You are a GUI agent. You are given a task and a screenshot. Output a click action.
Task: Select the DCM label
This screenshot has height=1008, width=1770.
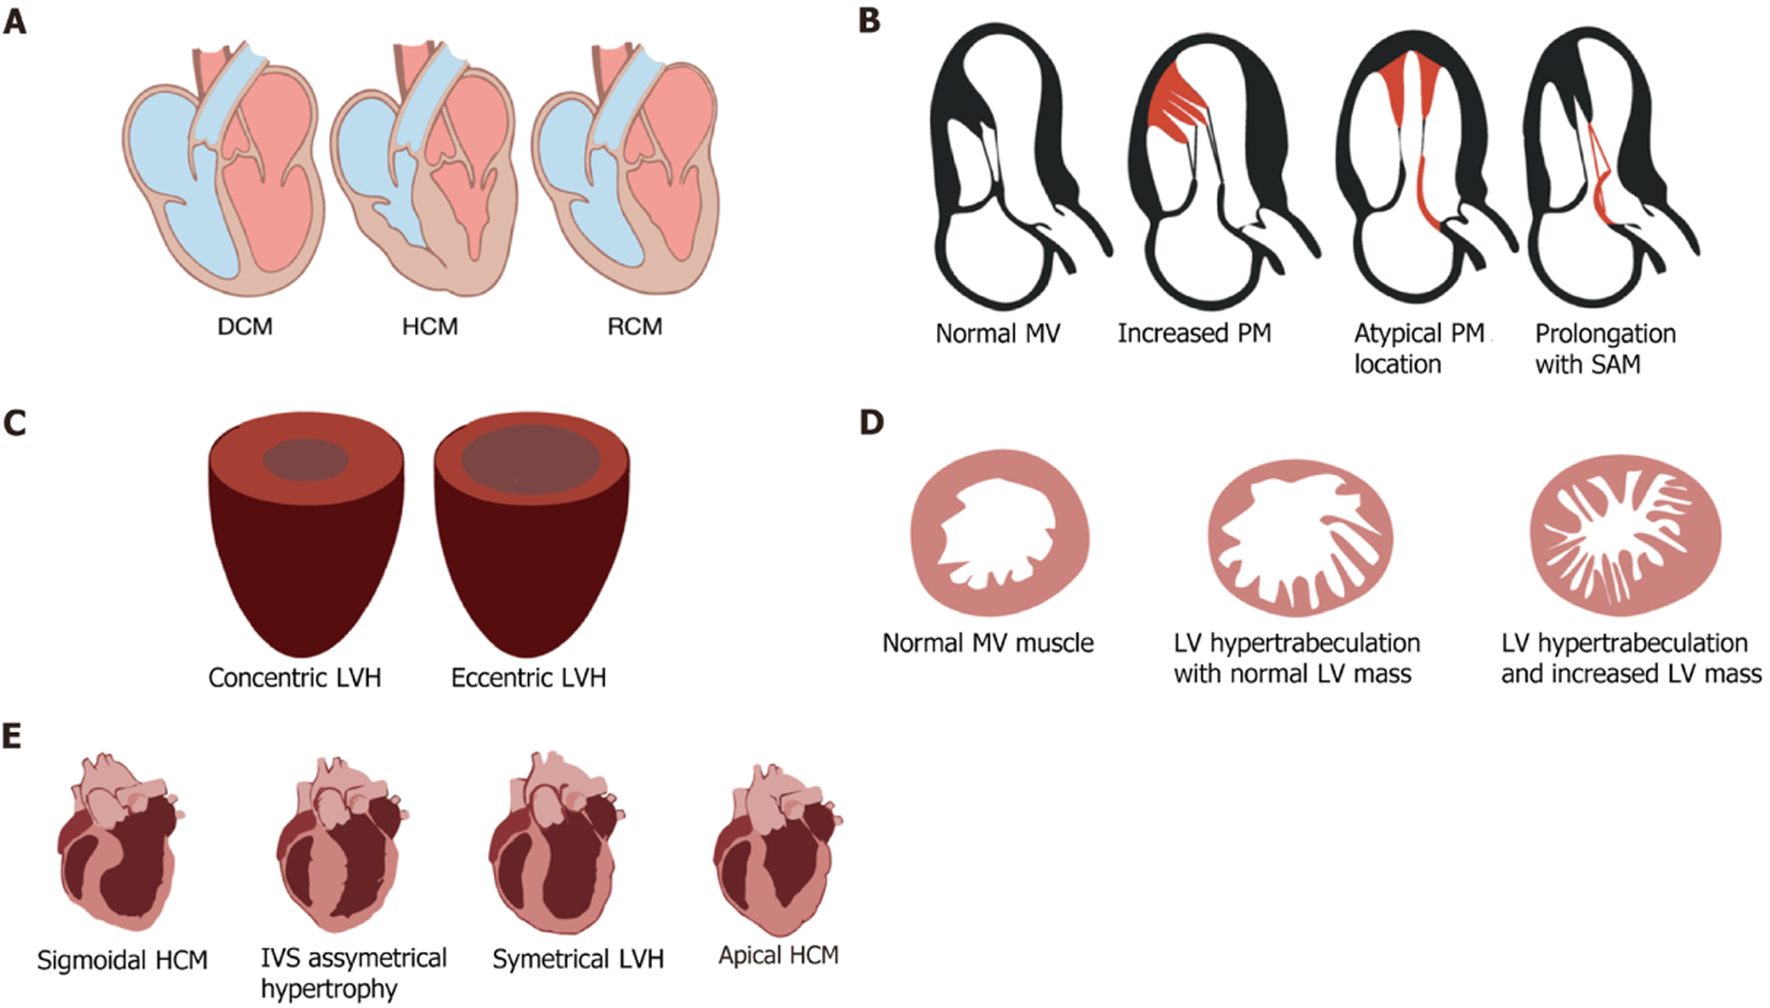(245, 326)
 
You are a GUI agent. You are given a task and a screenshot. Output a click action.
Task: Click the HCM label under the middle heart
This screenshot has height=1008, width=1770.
(430, 326)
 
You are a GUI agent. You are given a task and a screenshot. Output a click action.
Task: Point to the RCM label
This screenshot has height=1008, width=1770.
(634, 326)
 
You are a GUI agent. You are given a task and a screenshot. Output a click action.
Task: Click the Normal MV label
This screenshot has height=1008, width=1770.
(997, 334)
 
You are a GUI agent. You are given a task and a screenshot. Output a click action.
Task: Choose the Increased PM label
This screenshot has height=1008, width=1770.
(1194, 334)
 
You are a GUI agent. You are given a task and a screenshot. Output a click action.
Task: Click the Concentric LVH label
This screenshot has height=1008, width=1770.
(295, 677)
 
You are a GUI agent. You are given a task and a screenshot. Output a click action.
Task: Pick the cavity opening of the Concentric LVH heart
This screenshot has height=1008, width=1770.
(305, 459)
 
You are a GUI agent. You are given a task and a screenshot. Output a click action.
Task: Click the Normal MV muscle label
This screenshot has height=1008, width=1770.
(987, 643)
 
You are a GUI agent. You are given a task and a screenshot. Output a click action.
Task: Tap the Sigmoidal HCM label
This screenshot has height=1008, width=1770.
(122, 961)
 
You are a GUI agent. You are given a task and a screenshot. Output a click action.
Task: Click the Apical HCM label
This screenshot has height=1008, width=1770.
(779, 956)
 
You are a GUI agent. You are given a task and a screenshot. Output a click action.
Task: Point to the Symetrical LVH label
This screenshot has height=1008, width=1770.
(578, 960)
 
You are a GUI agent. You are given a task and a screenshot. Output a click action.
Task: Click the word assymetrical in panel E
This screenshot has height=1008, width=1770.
(377, 958)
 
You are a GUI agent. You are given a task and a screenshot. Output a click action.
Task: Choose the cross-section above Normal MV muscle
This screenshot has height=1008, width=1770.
(999, 532)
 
